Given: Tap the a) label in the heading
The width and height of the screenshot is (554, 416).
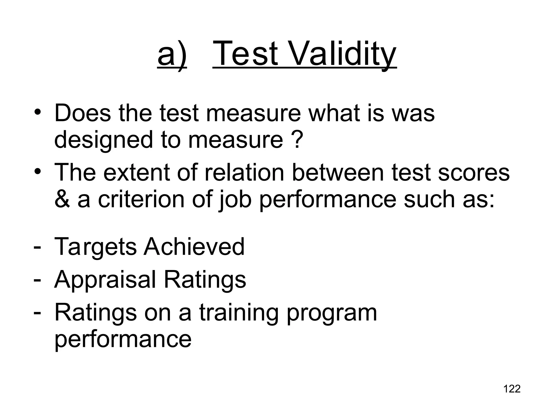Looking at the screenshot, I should point(172,54).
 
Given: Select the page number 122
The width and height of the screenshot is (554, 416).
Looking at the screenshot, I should point(512,389).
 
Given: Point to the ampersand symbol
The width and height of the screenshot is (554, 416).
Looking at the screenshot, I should point(62,199).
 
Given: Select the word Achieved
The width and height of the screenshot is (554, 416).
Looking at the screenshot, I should point(194,246).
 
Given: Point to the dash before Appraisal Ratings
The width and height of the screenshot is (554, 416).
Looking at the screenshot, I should point(37,279).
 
